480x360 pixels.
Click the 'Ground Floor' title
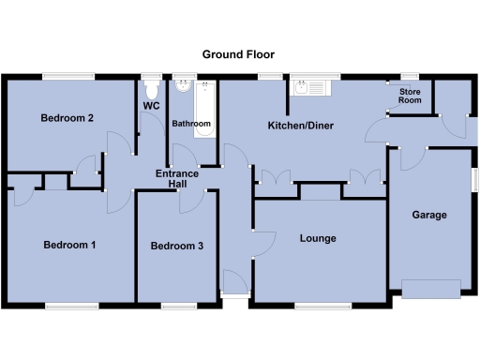239,54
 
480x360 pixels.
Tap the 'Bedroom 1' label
70,245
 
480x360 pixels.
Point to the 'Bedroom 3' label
176,246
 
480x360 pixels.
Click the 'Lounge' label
318,238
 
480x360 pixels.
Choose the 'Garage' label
429,215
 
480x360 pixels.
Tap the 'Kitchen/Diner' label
301,125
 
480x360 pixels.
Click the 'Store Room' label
410,96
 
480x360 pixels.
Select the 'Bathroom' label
191,124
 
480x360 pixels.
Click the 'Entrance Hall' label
177,178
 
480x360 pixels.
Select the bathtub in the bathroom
206,108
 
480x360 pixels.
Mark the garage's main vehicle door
431,287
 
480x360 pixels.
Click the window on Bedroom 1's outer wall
69,306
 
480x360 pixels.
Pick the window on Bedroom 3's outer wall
177,306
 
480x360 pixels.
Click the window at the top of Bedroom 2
65,76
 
